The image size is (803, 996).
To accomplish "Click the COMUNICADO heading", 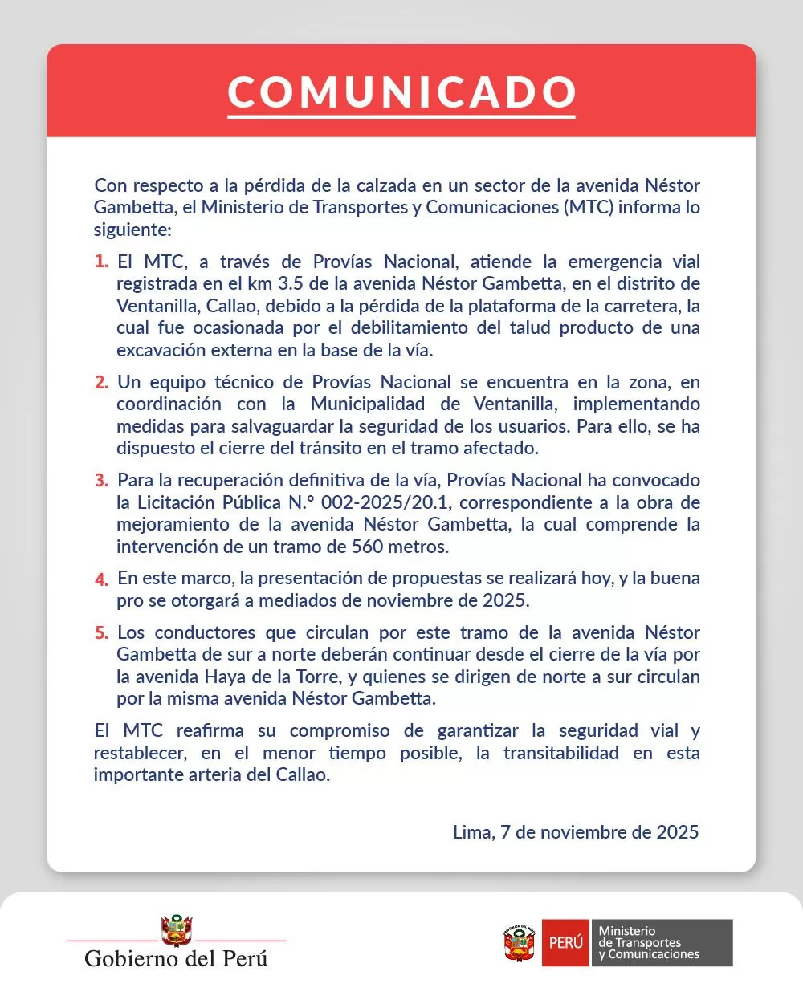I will [401, 92].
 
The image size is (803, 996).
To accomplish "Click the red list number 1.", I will [101, 262].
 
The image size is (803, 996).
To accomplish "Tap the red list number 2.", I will [101, 383].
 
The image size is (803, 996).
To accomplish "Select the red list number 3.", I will [101, 481].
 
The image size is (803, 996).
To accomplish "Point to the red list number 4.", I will [101, 579].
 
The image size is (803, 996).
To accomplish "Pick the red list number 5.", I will [101, 633].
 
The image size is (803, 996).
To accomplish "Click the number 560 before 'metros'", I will [367, 547].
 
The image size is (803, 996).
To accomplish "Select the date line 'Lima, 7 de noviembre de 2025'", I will [575, 832].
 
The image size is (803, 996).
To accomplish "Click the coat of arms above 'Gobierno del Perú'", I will [177, 930].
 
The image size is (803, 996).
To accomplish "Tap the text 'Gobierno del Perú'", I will [176, 958].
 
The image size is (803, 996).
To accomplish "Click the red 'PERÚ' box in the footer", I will [565, 943].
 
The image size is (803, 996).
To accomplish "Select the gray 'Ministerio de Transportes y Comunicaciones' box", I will [662, 943].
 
